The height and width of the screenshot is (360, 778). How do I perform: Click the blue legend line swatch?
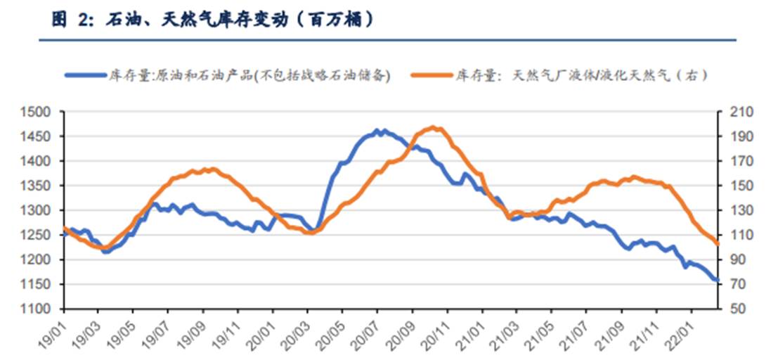(x=85, y=73)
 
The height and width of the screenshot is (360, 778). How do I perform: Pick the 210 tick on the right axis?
(x=732, y=112)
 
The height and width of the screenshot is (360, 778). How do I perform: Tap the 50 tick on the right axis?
(x=730, y=309)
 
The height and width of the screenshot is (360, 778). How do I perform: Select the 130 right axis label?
(x=732, y=210)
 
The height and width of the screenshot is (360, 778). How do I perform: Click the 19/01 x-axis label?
(x=53, y=330)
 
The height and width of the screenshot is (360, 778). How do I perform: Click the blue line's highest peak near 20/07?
(x=377, y=130)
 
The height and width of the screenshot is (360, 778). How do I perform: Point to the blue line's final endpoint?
(x=717, y=281)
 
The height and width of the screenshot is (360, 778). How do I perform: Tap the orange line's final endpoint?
(x=717, y=244)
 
